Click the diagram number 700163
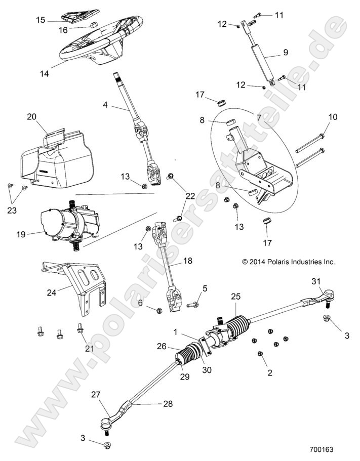point(322,449)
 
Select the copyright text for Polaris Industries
point(289,262)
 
